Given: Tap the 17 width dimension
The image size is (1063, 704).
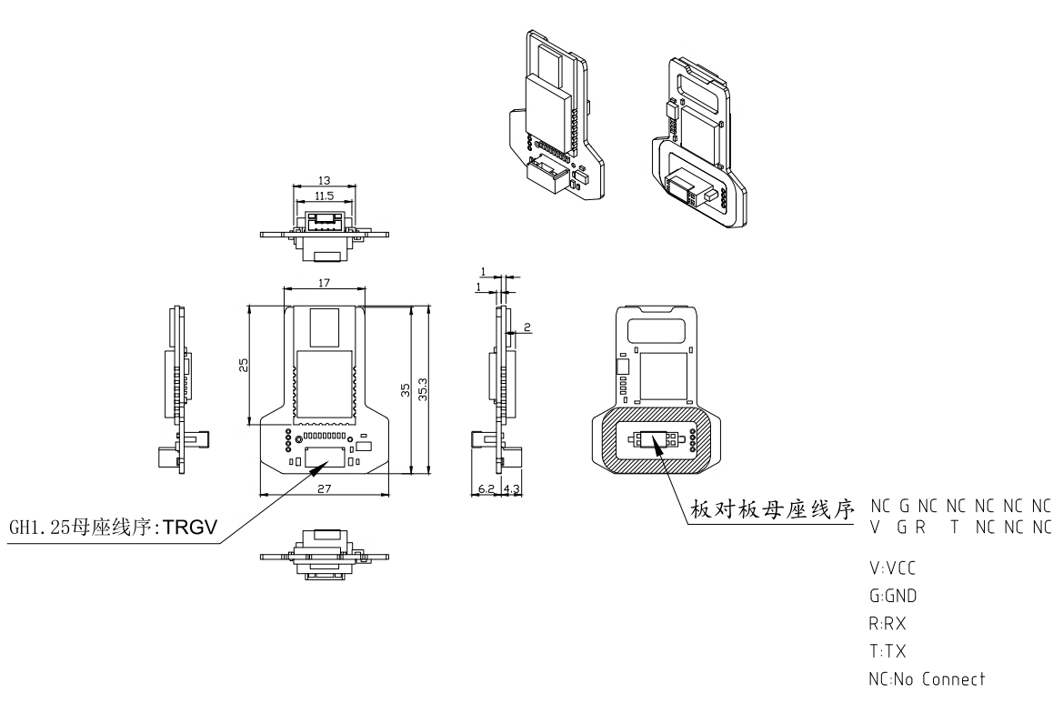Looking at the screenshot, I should point(325,283).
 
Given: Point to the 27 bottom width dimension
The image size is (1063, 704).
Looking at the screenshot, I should point(325,488).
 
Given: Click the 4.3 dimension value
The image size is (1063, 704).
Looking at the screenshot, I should point(511,489).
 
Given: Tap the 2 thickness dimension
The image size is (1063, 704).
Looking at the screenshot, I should point(526,326).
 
